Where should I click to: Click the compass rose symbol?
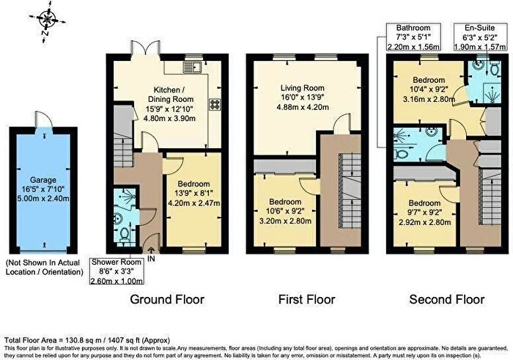pyautogui.click(x=49, y=19)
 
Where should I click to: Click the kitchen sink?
pyautogui.click(x=194, y=68)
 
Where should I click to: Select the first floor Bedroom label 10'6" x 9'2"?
pyautogui.click(x=284, y=212)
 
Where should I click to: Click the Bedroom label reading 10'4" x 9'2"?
pyautogui.click(x=429, y=91)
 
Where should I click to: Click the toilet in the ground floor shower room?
pyautogui.click(x=125, y=235)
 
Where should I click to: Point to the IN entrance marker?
pyautogui.click(x=151, y=259)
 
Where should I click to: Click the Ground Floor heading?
pyautogui.click(x=167, y=299)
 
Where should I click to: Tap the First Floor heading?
pyautogui.click(x=307, y=299)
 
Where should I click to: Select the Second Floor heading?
pyautogui.click(x=447, y=299)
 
